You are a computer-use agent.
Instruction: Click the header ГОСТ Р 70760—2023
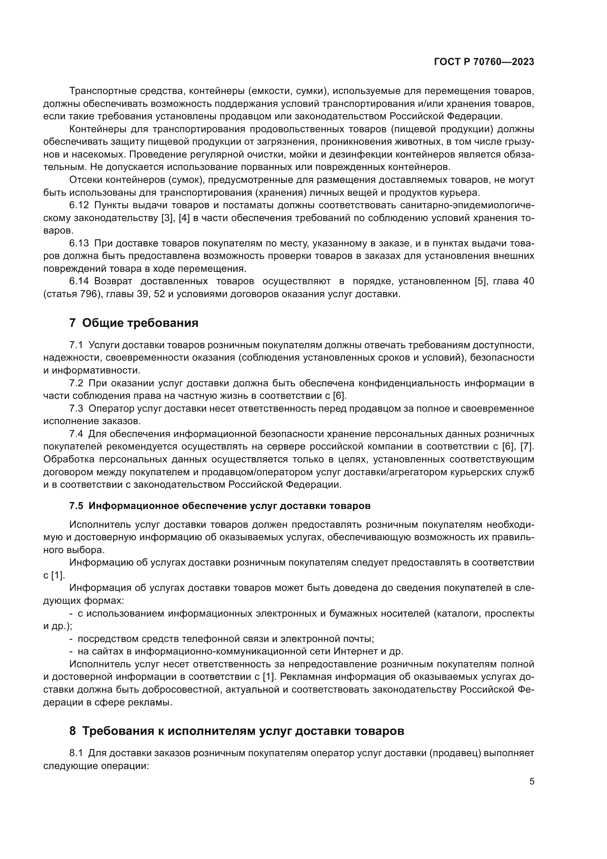(484, 62)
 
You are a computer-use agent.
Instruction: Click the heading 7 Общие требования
(134, 322)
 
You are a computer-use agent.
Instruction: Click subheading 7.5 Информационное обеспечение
(220, 506)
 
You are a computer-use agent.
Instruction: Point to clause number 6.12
(79, 205)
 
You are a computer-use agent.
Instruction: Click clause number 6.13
(79, 243)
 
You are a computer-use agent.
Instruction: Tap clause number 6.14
(79, 281)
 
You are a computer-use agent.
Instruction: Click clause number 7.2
(76, 383)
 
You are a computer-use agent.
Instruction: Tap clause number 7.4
(76, 434)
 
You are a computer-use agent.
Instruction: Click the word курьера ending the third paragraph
(461, 193)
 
